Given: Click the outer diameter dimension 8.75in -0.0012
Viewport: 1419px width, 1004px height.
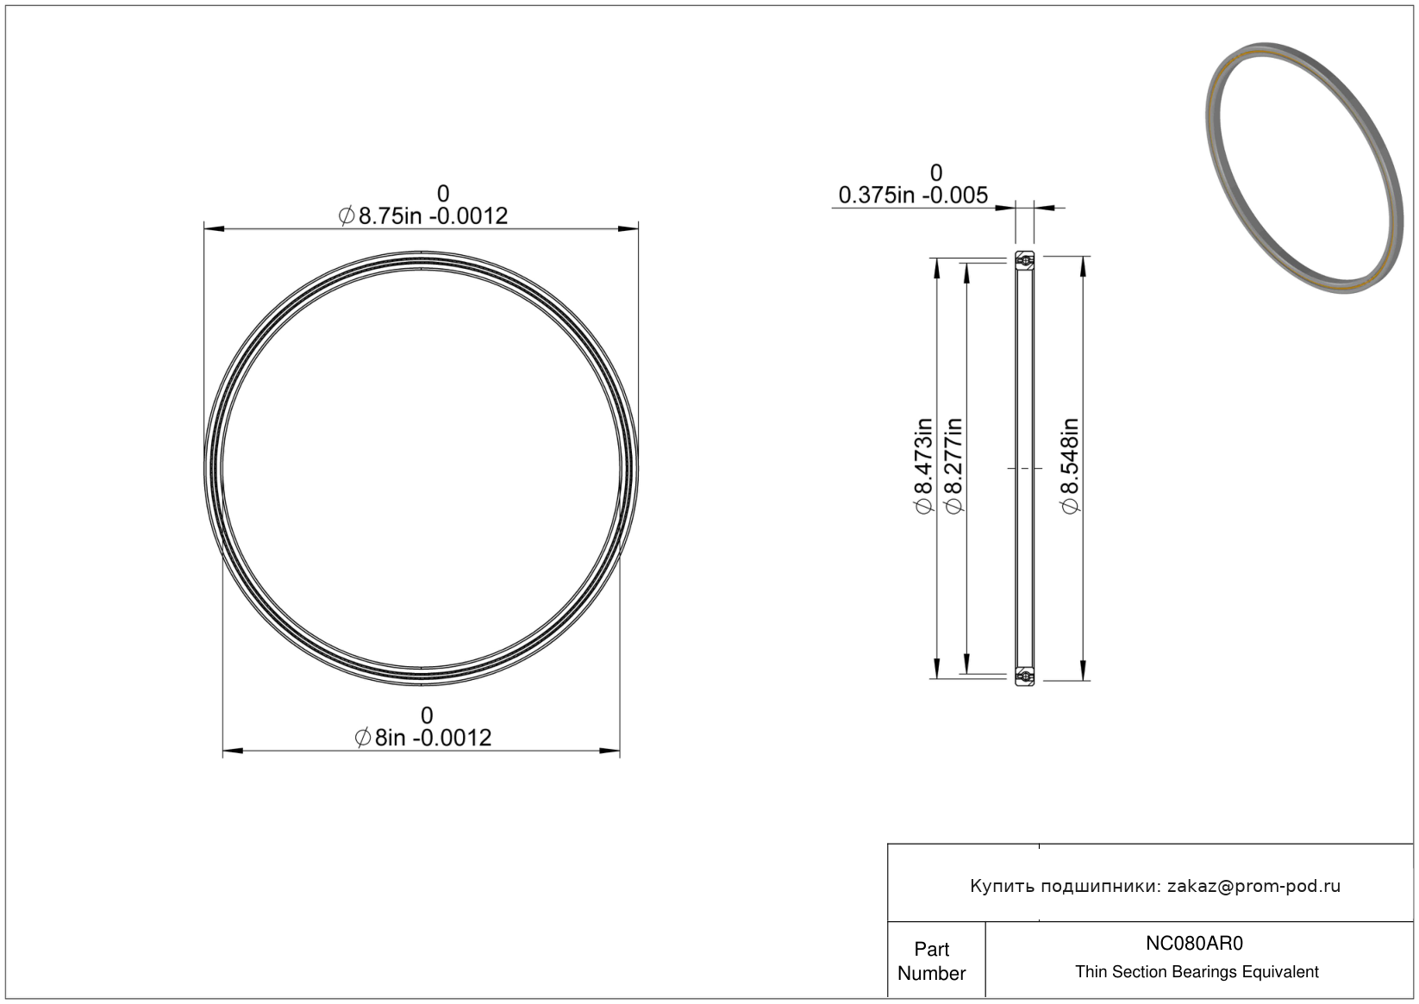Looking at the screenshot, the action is (x=423, y=216).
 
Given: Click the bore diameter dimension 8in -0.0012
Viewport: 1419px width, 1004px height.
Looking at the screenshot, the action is (x=423, y=738).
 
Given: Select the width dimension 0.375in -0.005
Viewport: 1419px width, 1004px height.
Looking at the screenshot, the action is (x=913, y=195).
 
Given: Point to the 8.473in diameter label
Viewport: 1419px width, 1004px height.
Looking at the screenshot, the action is (x=924, y=466).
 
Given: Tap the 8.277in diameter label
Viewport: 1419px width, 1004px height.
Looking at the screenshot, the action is (x=953, y=466).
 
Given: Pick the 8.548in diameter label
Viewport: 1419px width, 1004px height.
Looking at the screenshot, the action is (x=1069, y=466).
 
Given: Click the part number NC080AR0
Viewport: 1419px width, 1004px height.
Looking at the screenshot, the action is (x=1194, y=943).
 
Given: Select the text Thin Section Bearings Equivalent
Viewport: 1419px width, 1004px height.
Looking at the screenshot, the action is (x=1197, y=972).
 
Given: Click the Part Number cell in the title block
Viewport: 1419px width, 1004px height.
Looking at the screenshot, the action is (x=931, y=961).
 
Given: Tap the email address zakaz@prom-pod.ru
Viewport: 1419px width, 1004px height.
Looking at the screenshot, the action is (x=1253, y=886).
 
